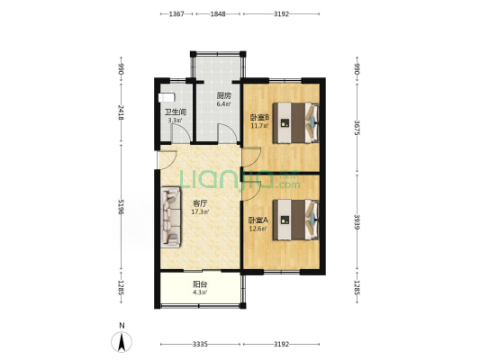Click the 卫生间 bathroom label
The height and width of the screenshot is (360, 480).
point(176,112)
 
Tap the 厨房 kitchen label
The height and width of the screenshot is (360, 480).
point(223,95)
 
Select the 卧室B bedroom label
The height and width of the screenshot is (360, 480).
point(259,117)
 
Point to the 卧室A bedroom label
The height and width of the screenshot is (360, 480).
point(258,220)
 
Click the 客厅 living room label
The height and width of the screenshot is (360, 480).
point(200,203)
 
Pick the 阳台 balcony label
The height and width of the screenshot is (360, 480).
point(200,284)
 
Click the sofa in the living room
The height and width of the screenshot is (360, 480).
point(171,217)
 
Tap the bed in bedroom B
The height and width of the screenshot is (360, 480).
point(296,123)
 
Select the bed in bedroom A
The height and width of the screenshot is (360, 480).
point(296,220)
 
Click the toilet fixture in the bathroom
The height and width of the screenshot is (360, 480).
point(167,98)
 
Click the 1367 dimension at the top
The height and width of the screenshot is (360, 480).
point(177,14)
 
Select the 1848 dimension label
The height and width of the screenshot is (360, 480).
point(218,14)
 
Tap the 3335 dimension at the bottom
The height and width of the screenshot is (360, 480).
point(200,345)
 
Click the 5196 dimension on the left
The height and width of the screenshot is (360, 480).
point(121,207)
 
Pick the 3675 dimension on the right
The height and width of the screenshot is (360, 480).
point(357,128)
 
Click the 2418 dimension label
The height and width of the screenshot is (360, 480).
point(121,112)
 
